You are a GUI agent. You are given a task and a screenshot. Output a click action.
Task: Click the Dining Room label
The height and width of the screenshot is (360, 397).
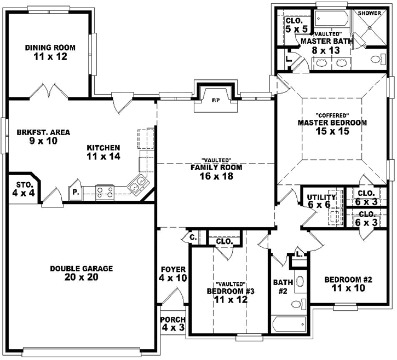(50, 48)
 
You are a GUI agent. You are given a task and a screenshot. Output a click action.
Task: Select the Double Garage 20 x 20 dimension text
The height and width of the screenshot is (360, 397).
(81, 277)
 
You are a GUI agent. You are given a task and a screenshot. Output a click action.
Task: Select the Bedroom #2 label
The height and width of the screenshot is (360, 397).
(348, 280)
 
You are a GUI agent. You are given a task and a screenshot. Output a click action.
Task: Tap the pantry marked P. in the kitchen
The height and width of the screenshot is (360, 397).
(75, 193)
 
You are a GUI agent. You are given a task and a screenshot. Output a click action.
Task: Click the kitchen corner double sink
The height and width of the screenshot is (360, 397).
(137, 185)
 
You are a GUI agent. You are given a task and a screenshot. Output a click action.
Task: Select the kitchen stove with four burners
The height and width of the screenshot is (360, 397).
(105, 191)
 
